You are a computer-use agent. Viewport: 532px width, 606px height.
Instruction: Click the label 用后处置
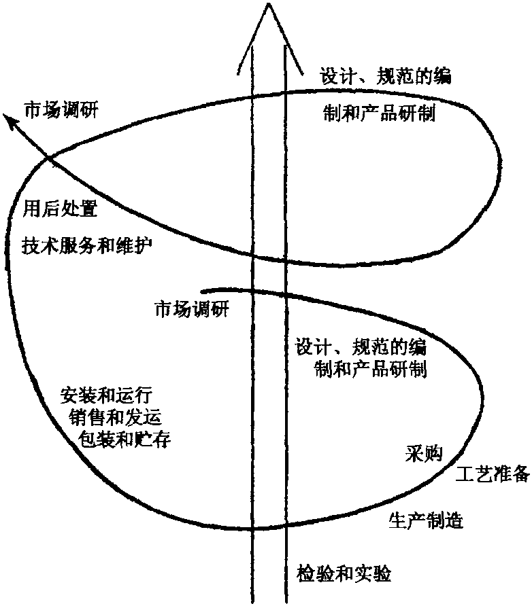(x=61, y=208)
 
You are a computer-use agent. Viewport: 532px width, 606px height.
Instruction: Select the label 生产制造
(x=426, y=520)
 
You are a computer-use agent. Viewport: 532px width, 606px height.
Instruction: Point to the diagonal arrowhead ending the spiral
(x=10, y=120)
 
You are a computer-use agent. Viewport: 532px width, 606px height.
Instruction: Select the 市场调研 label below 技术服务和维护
(x=193, y=310)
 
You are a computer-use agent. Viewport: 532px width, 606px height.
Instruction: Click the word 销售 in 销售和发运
(x=86, y=417)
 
